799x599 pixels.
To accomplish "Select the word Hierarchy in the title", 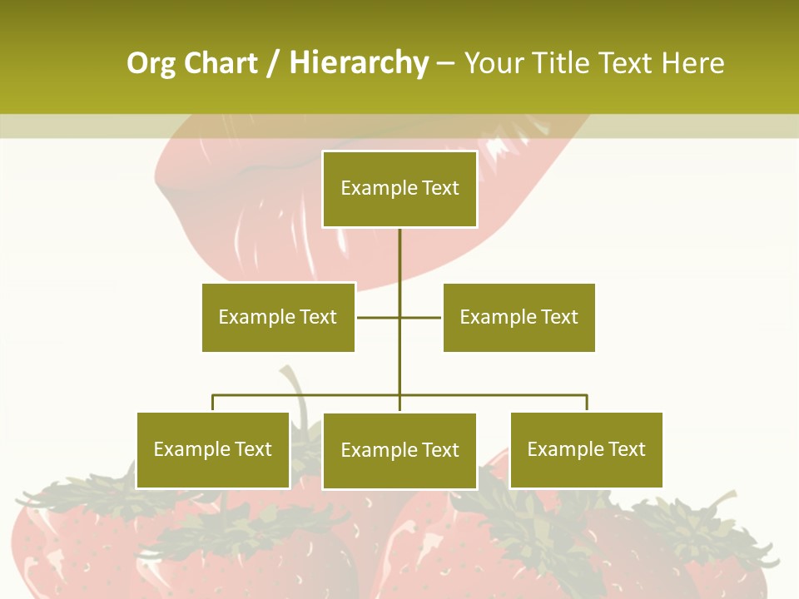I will click(x=359, y=63).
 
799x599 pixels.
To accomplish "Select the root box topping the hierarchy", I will click(x=399, y=189).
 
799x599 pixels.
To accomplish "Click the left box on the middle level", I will click(x=278, y=317).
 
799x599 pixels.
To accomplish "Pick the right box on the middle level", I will click(x=519, y=317).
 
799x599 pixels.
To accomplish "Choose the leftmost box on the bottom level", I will click(x=213, y=450).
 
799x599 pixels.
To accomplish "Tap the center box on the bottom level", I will click(x=399, y=451).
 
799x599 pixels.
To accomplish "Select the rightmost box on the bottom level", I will click(x=586, y=450).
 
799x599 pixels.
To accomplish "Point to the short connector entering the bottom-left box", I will click(x=213, y=403).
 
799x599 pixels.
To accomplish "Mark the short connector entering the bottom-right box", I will click(x=587, y=403).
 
